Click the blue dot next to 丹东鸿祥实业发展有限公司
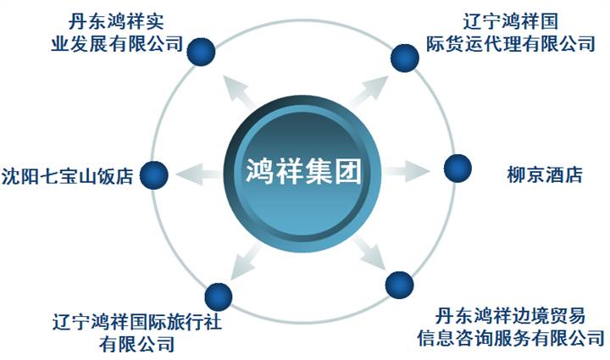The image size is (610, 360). coord(202,50)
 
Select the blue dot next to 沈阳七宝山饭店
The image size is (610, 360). coord(154,175)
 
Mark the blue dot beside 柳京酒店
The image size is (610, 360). coord(457,168)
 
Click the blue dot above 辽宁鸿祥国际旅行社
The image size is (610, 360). coord(219,296)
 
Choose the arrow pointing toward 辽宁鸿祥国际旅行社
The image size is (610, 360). coord(241,255)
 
